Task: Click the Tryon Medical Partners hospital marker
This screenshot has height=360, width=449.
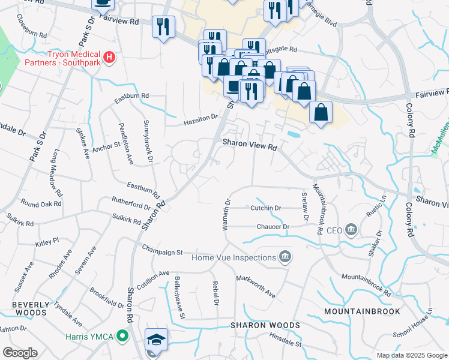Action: tap(109, 58)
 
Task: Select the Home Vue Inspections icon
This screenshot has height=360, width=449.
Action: tap(285, 258)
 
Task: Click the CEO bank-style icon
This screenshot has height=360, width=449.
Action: tap(351, 230)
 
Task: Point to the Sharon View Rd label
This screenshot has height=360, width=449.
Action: tap(250, 145)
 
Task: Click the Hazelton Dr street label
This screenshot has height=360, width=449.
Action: tap(200, 121)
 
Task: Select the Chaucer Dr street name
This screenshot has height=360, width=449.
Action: tap(273, 227)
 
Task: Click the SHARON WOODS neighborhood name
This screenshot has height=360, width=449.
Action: tap(265, 325)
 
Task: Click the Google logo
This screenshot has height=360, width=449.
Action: tap(20, 353)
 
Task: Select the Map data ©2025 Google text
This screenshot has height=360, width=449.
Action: tap(411, 355)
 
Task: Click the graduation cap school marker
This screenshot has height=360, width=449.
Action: tap(156, 340)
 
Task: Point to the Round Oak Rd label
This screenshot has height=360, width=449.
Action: tap(41, 203)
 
